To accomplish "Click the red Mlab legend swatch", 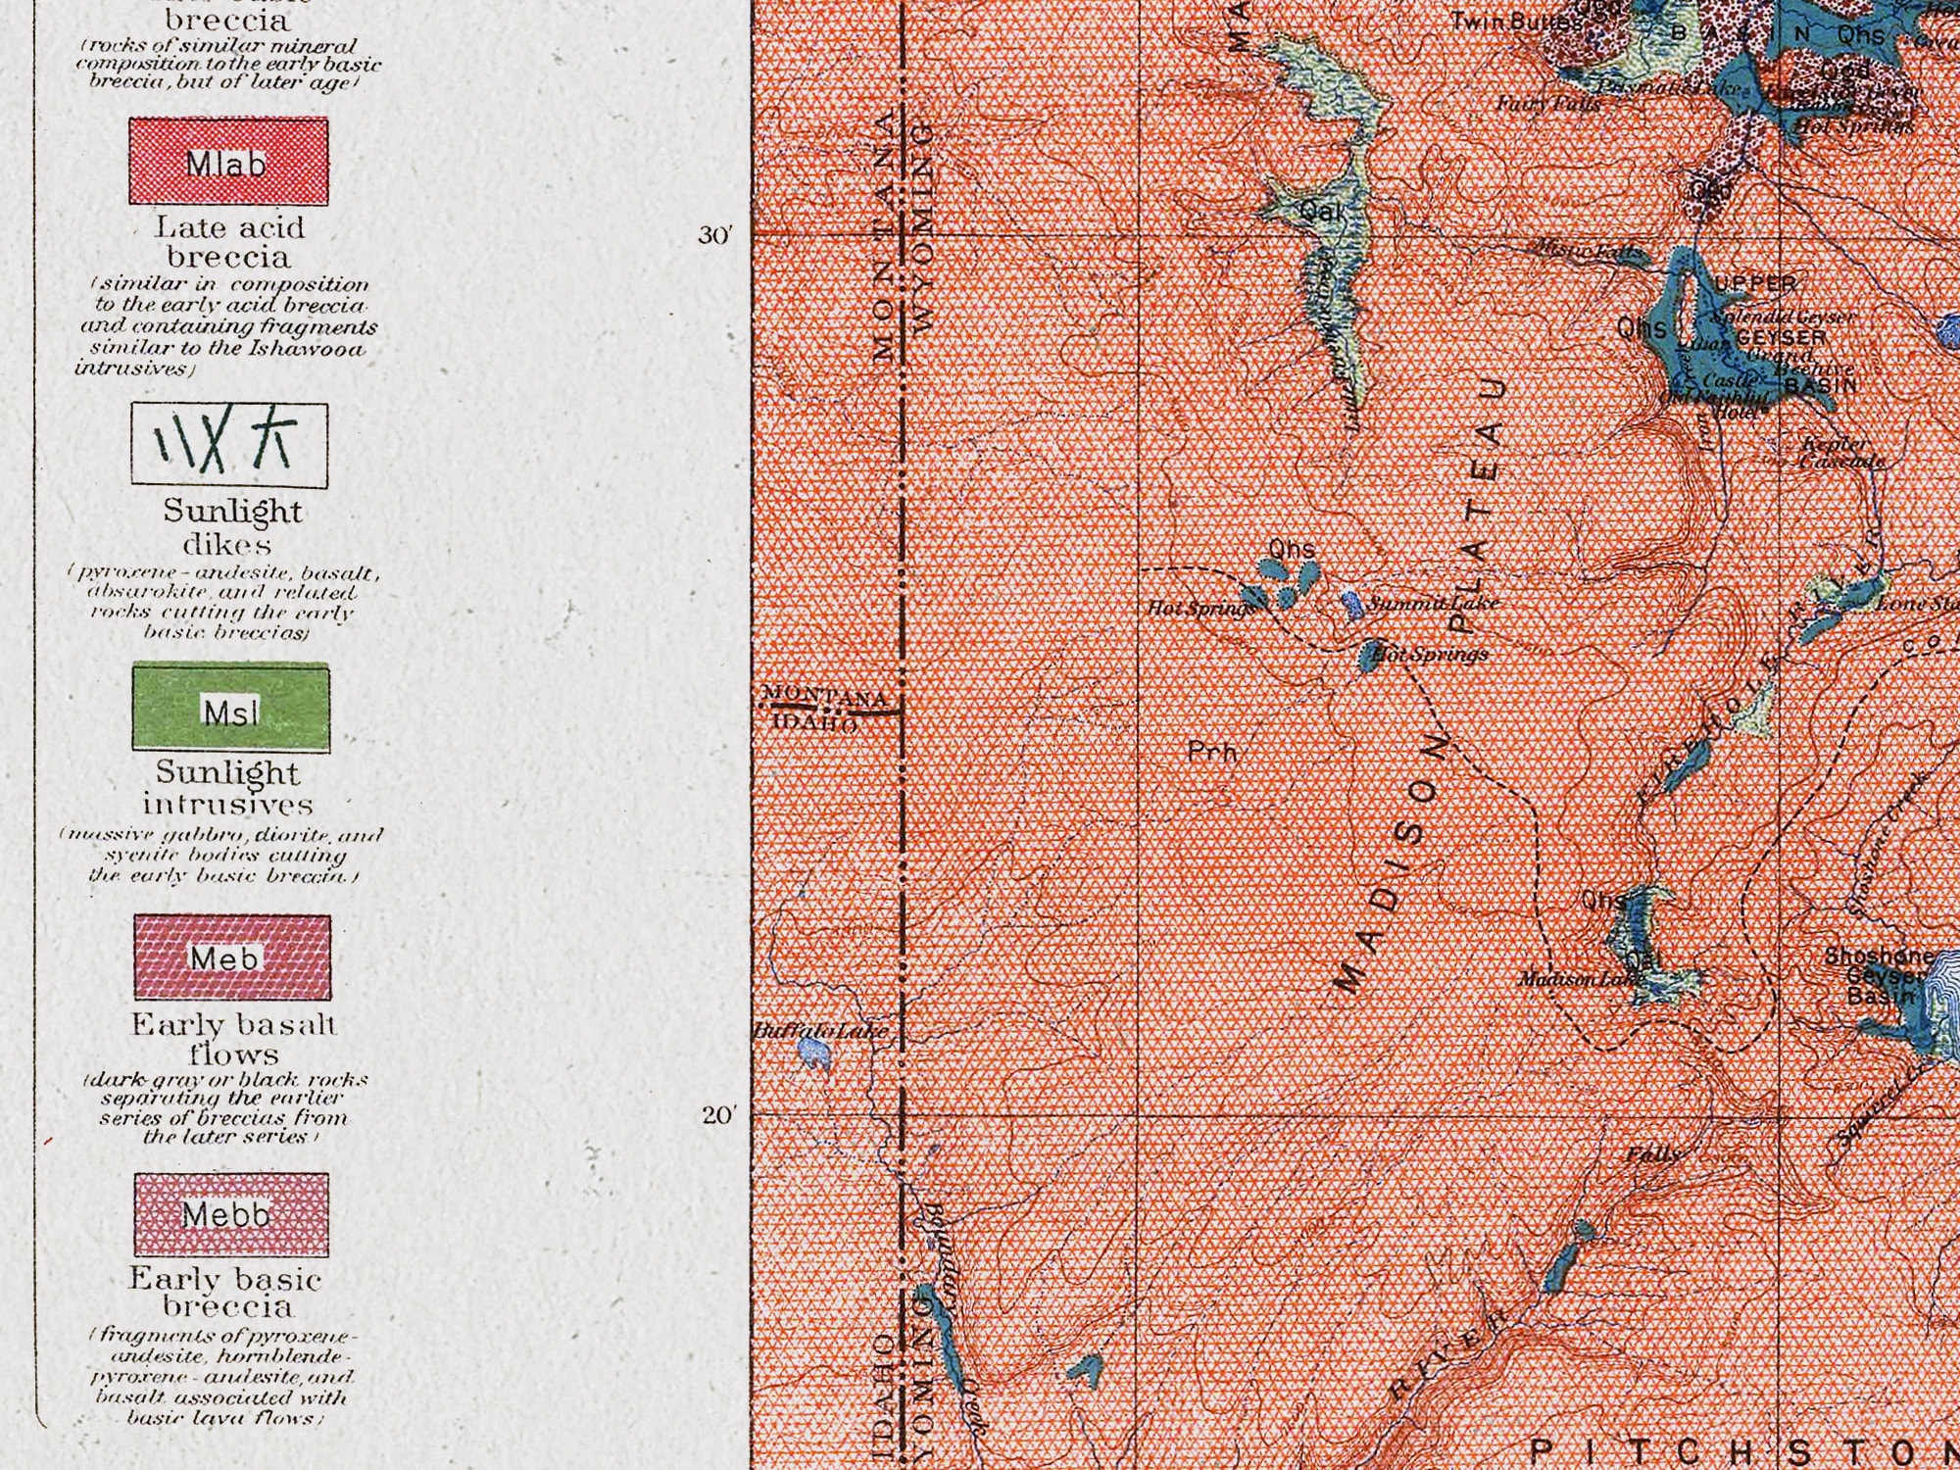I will click(x=228, y=162).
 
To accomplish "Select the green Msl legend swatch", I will click(x=230, y=708).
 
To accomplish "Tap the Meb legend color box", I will click(x=232, y=957).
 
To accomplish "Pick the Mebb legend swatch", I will click(x=231, y=1214).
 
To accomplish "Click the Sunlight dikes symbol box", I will click(x=229, y=445).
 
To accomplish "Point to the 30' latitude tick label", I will click(x=715, y=236).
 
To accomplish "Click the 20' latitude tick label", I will click(x=717, y=1115).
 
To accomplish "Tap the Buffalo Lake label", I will click(x=821, y=1031).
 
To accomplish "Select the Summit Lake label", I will click(x=1433, y=603).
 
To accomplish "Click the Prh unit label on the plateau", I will click(x=1212, y=753).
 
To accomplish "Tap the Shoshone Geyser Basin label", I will click(x=1880, y=975).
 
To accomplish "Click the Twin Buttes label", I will click(x=1515, y=21).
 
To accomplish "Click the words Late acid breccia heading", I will click(x=229, y=242).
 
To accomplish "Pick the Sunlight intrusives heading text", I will click(x=228, y=788).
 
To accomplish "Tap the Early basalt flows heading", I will click(x=233, y=1039).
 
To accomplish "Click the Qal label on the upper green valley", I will click(x=1320, y=211).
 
